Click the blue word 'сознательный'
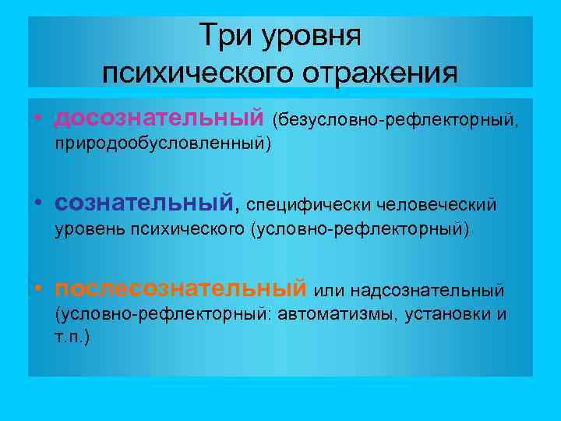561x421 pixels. [143, 204]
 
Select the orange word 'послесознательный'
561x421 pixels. [180, 289]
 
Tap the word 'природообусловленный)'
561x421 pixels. [162, 144]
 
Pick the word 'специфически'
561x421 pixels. [308, 206]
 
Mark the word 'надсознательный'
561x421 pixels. [427, 291]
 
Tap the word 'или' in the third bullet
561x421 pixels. [328, 291]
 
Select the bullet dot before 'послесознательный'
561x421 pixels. [38, 291]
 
